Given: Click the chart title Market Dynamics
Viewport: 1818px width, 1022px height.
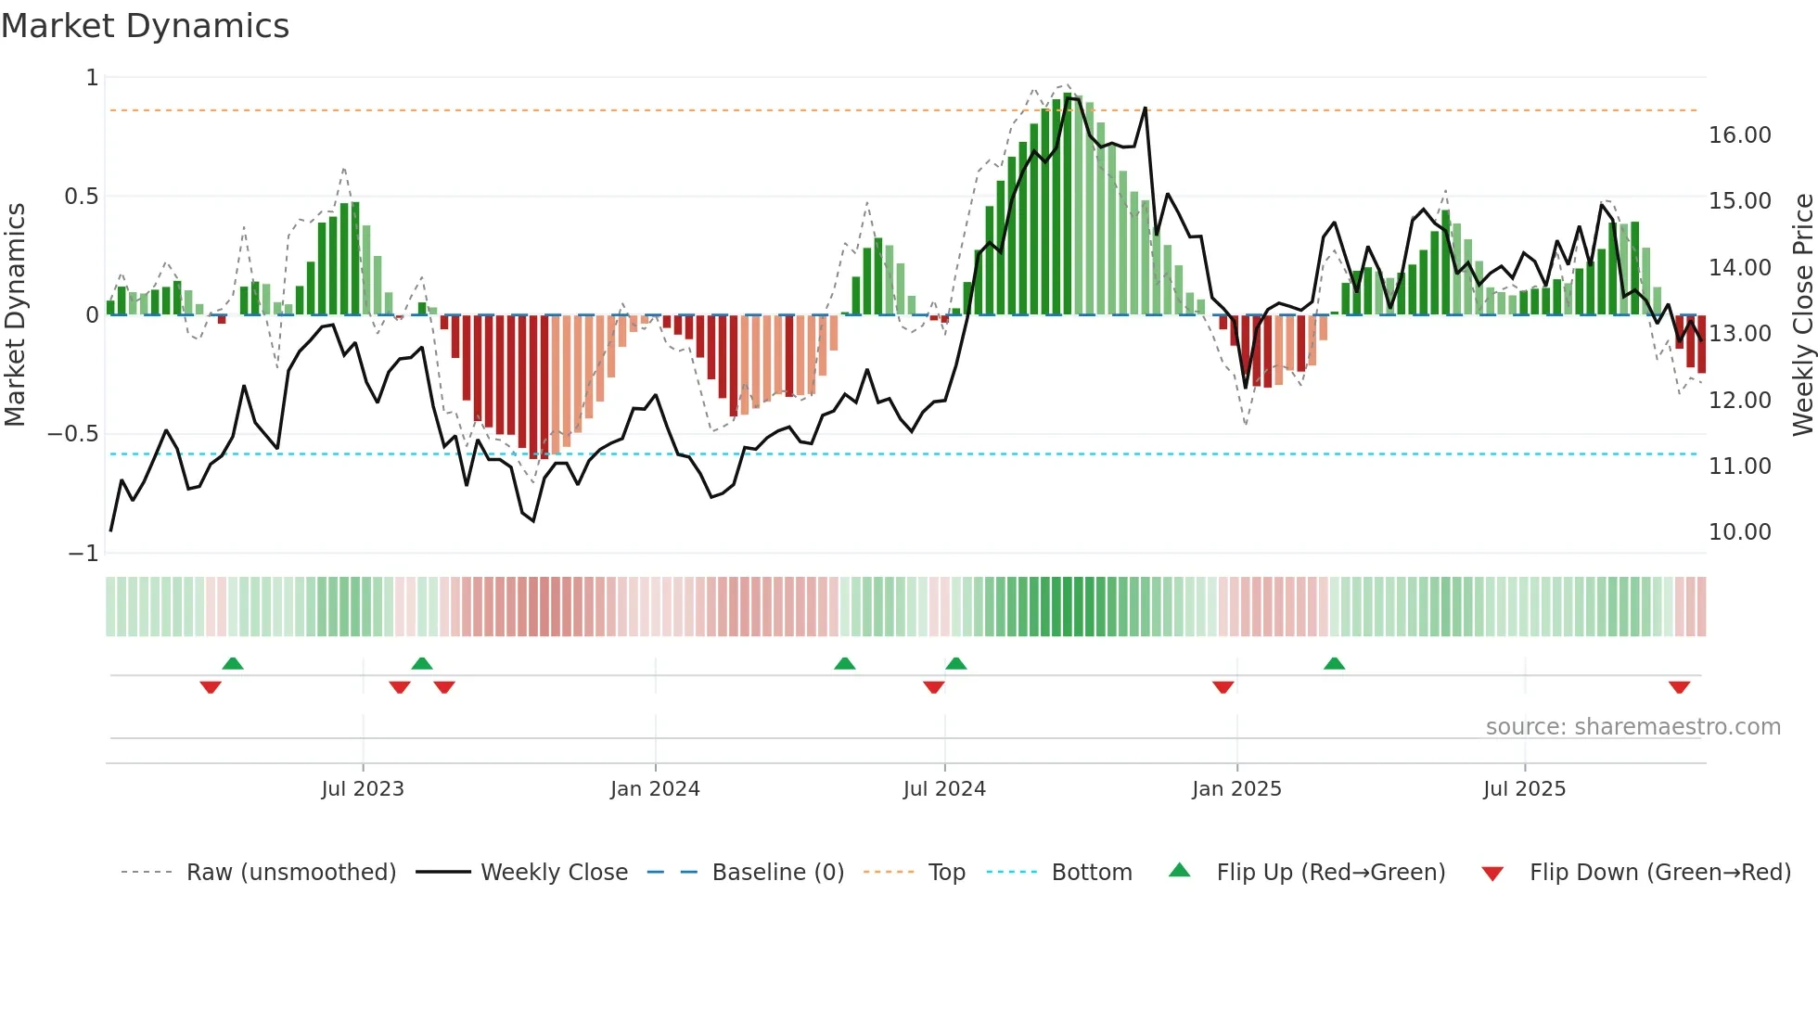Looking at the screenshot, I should (145, 26).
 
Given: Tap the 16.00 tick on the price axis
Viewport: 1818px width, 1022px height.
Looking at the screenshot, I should (1739, 135).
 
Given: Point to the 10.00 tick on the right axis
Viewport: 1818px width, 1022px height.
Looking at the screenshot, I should (1739, 532).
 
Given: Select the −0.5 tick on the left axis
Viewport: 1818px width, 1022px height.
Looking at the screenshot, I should (72, 434).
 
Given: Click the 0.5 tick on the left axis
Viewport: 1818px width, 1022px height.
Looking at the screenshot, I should (81, 197).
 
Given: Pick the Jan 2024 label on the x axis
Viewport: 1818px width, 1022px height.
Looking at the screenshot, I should (655, 789).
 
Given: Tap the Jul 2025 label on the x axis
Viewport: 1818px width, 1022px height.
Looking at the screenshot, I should (1524, 789).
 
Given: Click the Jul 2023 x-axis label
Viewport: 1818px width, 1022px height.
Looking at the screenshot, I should (363, 789).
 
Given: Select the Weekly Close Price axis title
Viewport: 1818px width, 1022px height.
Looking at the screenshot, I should (1802, 314).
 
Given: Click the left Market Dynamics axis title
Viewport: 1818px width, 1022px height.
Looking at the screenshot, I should (15, 314).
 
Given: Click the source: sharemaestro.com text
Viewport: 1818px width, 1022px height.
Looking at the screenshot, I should (1632, 727).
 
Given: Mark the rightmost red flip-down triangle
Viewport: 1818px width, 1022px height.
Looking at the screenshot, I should (1679, 687).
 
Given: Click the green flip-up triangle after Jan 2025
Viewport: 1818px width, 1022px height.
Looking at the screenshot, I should (1334, 664).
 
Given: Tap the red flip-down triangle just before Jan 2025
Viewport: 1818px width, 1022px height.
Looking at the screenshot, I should (1223, 687).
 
